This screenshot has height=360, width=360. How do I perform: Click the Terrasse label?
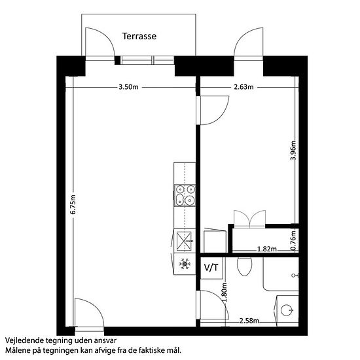pos(139,36)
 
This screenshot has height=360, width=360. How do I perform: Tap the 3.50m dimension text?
pos(128,87)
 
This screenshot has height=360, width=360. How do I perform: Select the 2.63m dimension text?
pos(243,87)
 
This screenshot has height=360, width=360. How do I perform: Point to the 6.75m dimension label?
pos(73,204)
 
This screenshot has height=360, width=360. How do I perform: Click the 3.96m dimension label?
pos(293,151)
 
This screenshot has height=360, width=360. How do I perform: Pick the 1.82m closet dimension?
pos(267,249)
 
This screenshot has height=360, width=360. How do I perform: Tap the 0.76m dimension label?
pos(293,240)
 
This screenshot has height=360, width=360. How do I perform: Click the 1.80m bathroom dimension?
pos(225,293)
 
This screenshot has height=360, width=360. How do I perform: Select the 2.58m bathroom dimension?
pos(249,321)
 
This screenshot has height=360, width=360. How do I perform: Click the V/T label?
pos(211,268)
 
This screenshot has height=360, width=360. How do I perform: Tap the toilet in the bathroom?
pos(244,266)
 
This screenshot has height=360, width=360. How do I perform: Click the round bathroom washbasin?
pos(287,310)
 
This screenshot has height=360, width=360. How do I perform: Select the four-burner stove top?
pos(185,196)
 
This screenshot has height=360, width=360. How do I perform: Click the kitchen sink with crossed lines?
pos(184,241)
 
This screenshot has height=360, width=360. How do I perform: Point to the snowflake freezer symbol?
pos(185,264)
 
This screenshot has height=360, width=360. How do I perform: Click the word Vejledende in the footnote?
pos(24,340)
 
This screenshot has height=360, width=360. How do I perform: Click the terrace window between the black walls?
pos(147,60)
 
